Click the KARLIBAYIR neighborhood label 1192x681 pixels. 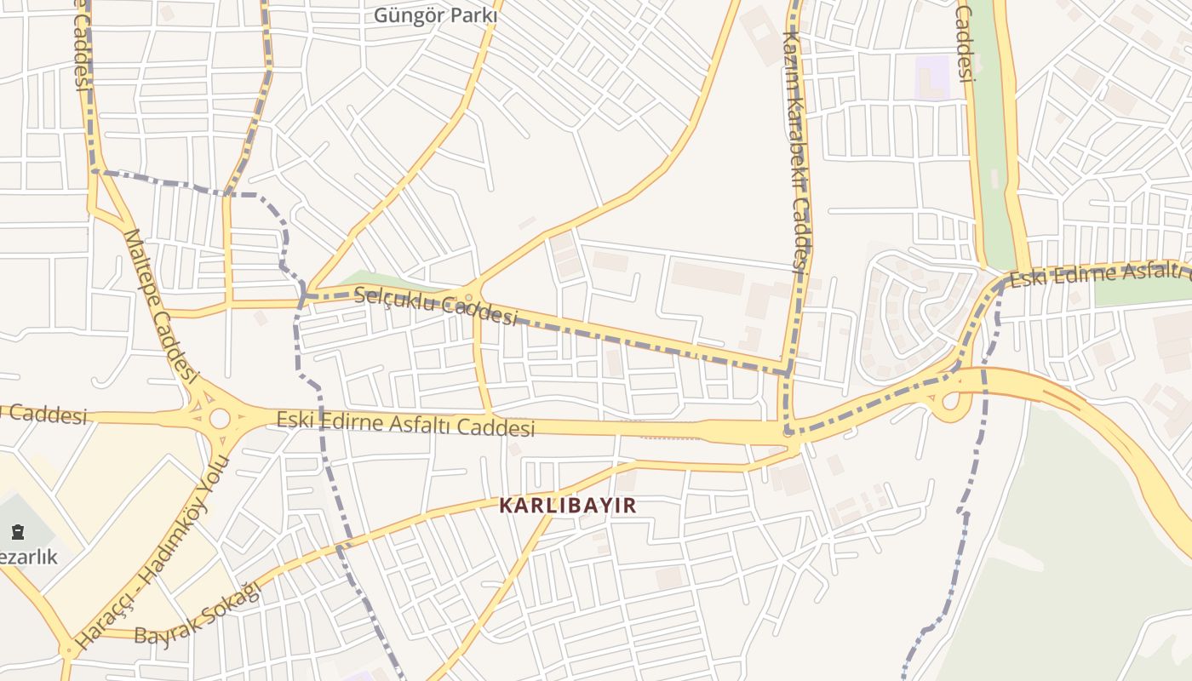tap(567, 506)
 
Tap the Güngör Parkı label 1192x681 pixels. tap(436, 15)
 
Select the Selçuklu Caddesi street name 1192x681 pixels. tap(435, 306)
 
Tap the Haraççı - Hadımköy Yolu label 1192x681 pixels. tap(153, 553)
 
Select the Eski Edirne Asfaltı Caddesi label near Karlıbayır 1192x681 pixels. tap(405, 423)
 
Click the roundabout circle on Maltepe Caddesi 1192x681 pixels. tap(220, 419)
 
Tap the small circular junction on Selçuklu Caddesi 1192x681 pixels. tap(468, 297)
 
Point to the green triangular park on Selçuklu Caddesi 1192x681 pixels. tap(383, 282)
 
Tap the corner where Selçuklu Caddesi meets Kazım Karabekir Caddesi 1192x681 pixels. tap(788, 372)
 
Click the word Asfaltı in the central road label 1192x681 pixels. tap(421, 424)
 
